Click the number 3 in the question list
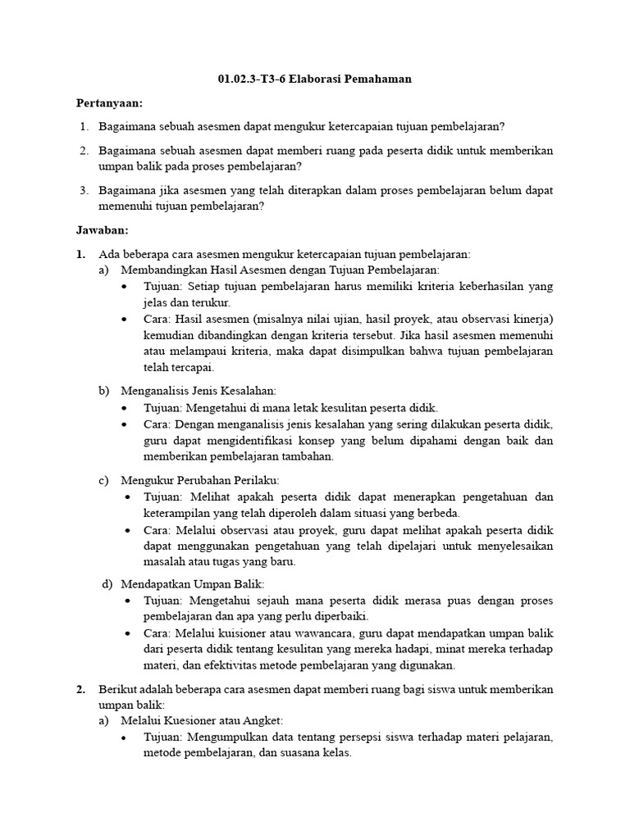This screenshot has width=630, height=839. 84,190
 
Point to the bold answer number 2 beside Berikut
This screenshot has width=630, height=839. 80,690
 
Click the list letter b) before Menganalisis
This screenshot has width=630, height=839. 103,391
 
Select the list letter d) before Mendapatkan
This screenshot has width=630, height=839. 107,583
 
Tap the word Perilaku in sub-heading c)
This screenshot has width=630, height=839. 258,480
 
